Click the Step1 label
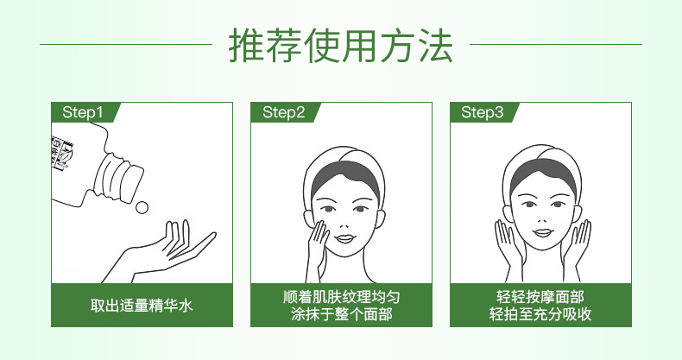(x=83, y=112)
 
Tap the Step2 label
(x=283, y=112)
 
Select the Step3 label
(x=482, y=112)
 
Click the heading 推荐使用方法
(x=341, y=45)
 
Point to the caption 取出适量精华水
(x=142, y=306)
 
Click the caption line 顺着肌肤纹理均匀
(x=341, y=297)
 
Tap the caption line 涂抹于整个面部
(x=341, y=314)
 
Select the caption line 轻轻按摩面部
(x=540, y=297)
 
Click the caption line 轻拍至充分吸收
(x=540, y=314)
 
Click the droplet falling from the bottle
(x=142, y=207)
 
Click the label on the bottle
(x=62, y=154)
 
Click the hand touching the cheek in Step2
(x=319, y=247)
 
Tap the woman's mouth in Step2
(x=346, y=238)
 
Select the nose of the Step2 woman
(x=344, y=223)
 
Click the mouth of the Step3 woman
(x=542, y=232)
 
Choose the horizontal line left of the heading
(x=126, y=44)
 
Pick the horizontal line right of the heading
(x=556, y=44)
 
